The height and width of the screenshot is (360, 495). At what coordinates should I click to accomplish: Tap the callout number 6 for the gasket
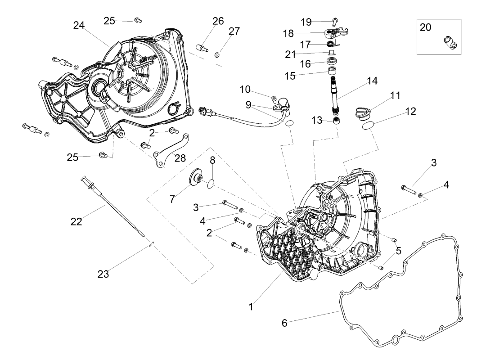tap(284, 323)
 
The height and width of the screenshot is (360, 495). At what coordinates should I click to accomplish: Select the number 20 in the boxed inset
tap(425, 27)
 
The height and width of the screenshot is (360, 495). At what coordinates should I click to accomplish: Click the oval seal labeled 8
tap(211, 182)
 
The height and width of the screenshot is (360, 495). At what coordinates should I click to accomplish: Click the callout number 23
tap(103, 274)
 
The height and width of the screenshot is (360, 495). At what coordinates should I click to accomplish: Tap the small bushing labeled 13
tap(337, 121)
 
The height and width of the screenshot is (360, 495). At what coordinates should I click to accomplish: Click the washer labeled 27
tap(217, 54)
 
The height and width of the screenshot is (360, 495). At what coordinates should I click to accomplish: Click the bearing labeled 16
tap(333, 62)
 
